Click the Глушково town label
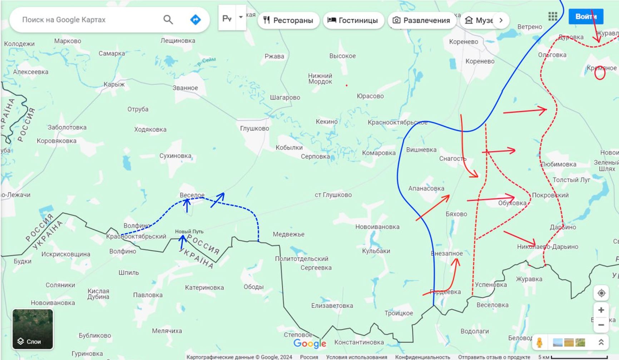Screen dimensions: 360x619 pyautogui.click(x=254, y=128)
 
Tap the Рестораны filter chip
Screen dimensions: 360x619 pyautogui.click(x=288, y=20)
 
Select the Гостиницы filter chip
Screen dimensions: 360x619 pyautogui.click(x=353, y=20)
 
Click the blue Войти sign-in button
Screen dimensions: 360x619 pyautogui.click(x=585, y=16)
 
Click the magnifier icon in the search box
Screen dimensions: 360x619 pyautogui.click(x=168, y=20)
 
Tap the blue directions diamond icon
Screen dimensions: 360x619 pyautogui.click(x=195, y=20)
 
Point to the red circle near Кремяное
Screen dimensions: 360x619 pyautogui.click(x=600, y=73)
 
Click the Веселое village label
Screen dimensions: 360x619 pyautogui.click(x=192, y=195)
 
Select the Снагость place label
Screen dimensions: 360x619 pyautogui.click(x=452, y=158)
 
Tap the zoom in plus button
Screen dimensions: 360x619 pyautogui.click(x=601, y=310)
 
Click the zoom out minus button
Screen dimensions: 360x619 pyautogui.click(x=601, y=325)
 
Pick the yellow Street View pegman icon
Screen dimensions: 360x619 pyautogui.click(x=539, y=342)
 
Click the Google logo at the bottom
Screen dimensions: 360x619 pyautogui.click(x=309, y=344)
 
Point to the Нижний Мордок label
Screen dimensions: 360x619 pyautogui.click(x=320, y=79)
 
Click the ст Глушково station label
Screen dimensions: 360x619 pyautogui.click(x=333, y=195)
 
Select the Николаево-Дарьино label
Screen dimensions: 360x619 pyautogui.click(x=547, y=247)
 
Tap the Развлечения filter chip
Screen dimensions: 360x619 pyautogui.click(x=422, y=20)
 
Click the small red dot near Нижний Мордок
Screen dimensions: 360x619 pyautogui.click(x=346, y=85)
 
